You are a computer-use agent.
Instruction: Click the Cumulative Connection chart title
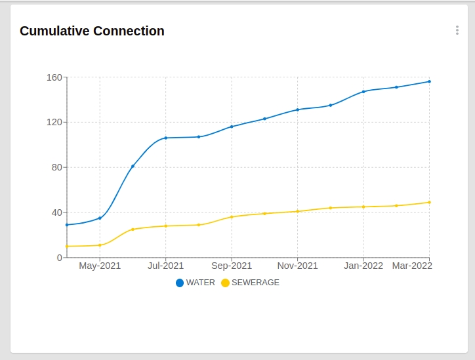[92, 31]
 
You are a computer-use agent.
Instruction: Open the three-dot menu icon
[457, 30]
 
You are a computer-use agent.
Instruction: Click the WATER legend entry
[196, 283]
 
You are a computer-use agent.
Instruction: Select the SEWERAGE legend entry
[250, 283]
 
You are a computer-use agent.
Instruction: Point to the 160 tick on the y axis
[54, 77]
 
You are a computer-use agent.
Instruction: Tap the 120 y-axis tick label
[54, 122]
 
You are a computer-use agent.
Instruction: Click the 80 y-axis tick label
[56, 167]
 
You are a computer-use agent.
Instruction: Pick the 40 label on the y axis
[56, 212]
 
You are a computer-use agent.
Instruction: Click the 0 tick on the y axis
[58, 258]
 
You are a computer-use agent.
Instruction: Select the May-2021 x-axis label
[100, 266]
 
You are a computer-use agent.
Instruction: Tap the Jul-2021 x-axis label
[165, 266]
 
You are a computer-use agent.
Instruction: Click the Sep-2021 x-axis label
[232, 266]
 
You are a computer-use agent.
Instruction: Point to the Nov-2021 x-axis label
[297, 266]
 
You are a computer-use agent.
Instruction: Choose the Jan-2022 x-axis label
[363, 266]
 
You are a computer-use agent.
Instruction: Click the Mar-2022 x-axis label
[412, 266]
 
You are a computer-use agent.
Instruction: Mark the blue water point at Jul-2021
[165, 138]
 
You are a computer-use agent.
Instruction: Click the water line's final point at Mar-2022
[429, 81]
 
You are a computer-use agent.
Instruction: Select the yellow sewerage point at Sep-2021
[232, 217]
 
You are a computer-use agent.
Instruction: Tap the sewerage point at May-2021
[100, 245]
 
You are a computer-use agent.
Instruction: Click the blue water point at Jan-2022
[363, 92]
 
